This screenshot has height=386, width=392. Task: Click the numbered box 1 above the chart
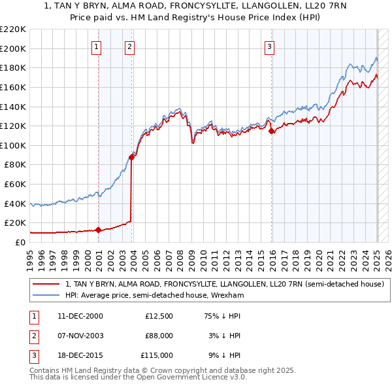(x=96, y=46)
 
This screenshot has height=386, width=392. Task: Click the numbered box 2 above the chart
(x=130, y=46)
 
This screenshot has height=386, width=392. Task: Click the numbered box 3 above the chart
(x=269, y=46)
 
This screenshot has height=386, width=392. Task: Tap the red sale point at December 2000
(x=99, y=230)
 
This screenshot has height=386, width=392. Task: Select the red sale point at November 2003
(x=132, y=156)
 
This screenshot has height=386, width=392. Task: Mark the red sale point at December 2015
(x=271, y=131)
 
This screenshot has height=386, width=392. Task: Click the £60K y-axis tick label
(x=15, y=184)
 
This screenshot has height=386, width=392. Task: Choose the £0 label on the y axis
(x=21, y=243)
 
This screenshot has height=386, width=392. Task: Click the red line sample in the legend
(x=45, y=284)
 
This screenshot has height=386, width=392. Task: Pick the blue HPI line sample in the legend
(x=45, y=295)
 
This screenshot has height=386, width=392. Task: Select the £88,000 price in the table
(x=159, y=336)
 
